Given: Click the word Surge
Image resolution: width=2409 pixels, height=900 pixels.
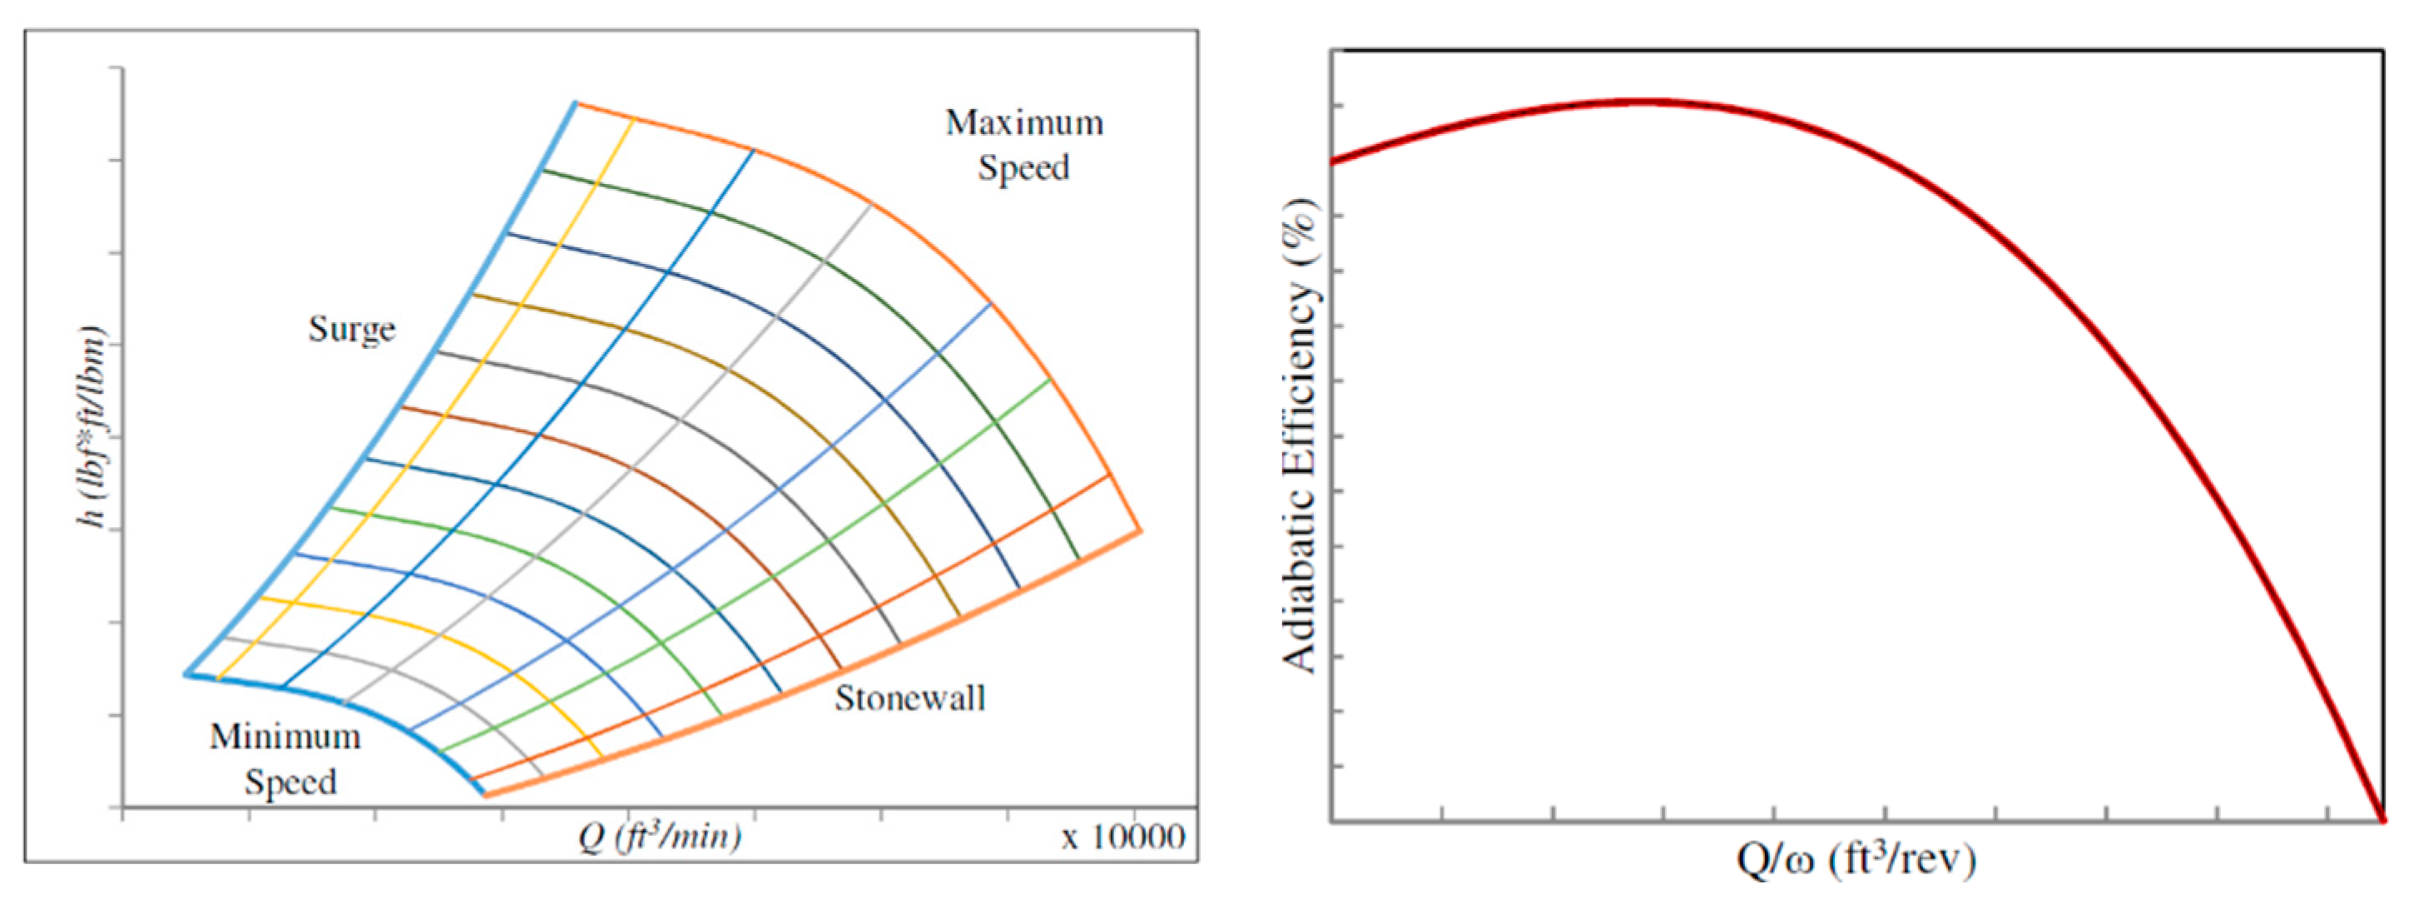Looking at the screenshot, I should coord(352,331).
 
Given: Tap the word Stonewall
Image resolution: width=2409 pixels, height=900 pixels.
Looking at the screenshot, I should coord(909,699).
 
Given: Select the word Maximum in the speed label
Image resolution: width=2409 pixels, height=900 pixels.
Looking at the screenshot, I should coord(1024,123).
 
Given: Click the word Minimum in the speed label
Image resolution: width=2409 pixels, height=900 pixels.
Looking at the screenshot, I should coord(285,737).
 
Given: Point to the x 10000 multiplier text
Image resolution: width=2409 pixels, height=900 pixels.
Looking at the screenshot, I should coord(1123,837).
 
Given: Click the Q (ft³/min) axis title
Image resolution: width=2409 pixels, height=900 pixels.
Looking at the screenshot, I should coord(660,835).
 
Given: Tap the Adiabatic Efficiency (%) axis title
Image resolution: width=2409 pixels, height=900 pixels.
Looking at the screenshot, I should coord(1300,436).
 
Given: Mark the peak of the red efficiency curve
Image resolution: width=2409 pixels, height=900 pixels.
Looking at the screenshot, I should coord(1646,101).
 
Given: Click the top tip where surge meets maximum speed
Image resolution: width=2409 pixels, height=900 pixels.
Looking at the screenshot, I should coord(575,103).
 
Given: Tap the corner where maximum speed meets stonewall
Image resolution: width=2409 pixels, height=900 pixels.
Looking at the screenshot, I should coord(1140,530).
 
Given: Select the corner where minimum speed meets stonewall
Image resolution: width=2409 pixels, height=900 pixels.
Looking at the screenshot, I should coord(485,795).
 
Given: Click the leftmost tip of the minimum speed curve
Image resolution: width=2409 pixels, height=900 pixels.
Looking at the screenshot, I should coord(186,674).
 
